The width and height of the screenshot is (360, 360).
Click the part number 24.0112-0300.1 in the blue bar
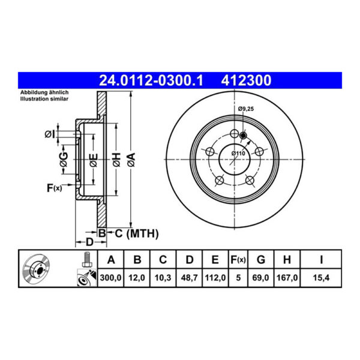point(151,80)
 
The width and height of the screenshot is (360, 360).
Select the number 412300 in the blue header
point(246,80)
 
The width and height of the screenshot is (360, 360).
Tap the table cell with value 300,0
point(110,278)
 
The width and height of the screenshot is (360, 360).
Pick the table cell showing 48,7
point(189,278)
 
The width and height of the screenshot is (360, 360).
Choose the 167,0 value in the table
point(287,278)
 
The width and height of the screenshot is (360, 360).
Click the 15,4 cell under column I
point(321,278)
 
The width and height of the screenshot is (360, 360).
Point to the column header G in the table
point(261,260)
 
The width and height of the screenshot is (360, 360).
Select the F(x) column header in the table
point(238,260)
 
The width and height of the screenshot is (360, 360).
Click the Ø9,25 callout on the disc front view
point(246,109)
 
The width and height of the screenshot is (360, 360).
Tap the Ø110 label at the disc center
point(238,153)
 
